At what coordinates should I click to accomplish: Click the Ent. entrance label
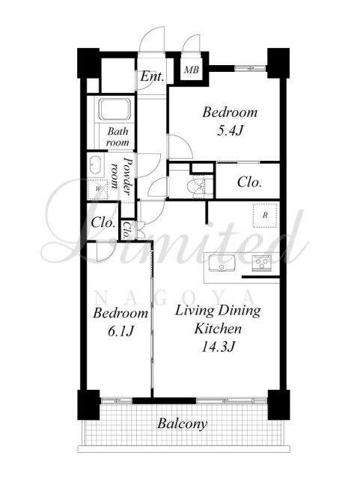tap(152, 76)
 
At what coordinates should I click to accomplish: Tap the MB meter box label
tap(192, 70)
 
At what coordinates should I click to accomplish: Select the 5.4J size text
tap(230, 131)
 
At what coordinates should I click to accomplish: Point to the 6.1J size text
tap(121, 331)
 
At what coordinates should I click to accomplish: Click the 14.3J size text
tap(218, 347)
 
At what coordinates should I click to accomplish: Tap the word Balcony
tap(182, 424)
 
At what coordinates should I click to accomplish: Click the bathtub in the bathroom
tap(115, 109)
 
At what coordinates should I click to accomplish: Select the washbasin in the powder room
tap(95, 165)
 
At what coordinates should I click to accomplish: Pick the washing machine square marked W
tap(97, 189)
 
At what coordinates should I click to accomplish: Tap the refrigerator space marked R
tap(265, 216)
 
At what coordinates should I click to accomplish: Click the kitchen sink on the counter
tap(222, 263)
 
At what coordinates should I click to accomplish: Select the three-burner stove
tap(262, 263)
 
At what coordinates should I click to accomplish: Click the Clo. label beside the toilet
tap(249, 183)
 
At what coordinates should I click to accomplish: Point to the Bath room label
tap(118, 137)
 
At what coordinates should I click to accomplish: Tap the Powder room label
tap(122, 177)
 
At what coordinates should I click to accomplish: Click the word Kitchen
tap(218, 329)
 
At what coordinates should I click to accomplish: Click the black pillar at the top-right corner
tap(278, 63)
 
